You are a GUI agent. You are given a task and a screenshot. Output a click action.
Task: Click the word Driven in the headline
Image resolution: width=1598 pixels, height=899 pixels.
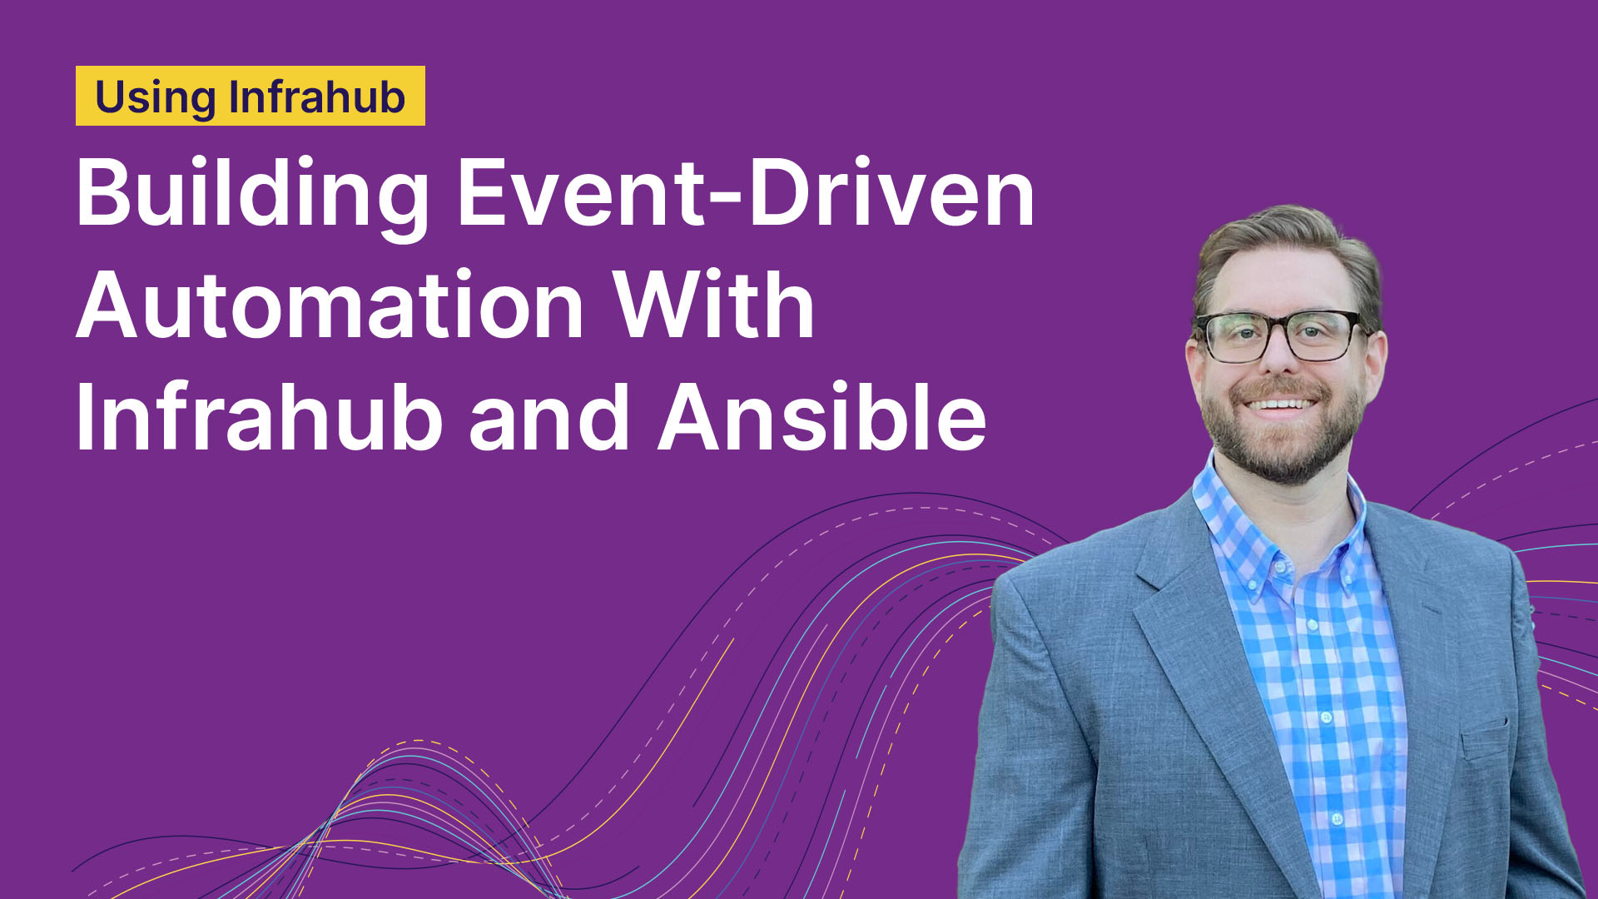coord(892,192)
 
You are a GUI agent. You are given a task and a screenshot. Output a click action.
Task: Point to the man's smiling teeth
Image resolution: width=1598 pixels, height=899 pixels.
coord(1281,405)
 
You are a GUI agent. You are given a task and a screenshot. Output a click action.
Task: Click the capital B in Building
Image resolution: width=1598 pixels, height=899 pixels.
coord(105,192)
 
